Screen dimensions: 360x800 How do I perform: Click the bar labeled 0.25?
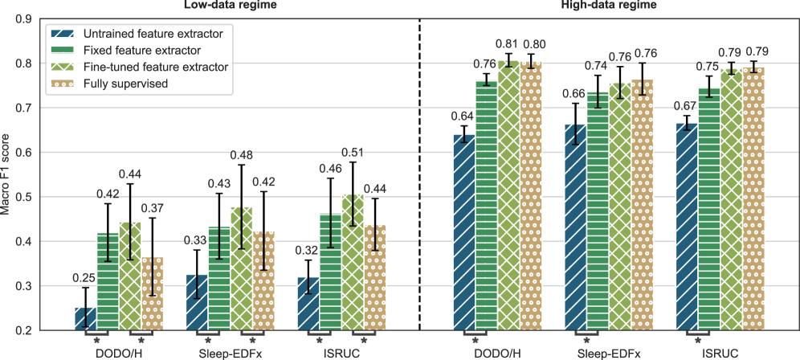click(85, 319)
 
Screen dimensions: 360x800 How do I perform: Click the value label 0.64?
click(463, 116)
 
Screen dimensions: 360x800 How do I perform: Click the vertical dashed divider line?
click(419, 177)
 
